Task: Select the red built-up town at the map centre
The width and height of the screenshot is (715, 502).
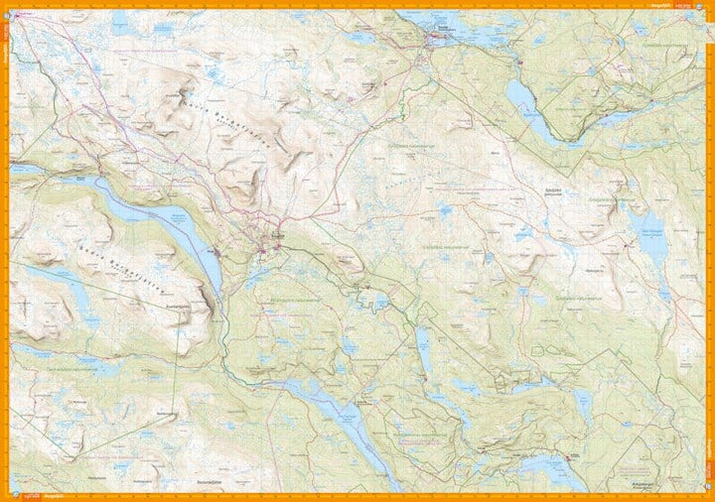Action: tap(269, 241)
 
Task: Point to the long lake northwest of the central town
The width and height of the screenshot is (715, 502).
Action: tap(159, 213)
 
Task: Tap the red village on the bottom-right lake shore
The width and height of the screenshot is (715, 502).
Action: tap(569, 457)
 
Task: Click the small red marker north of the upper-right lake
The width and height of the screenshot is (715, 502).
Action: tap(517, 65)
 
